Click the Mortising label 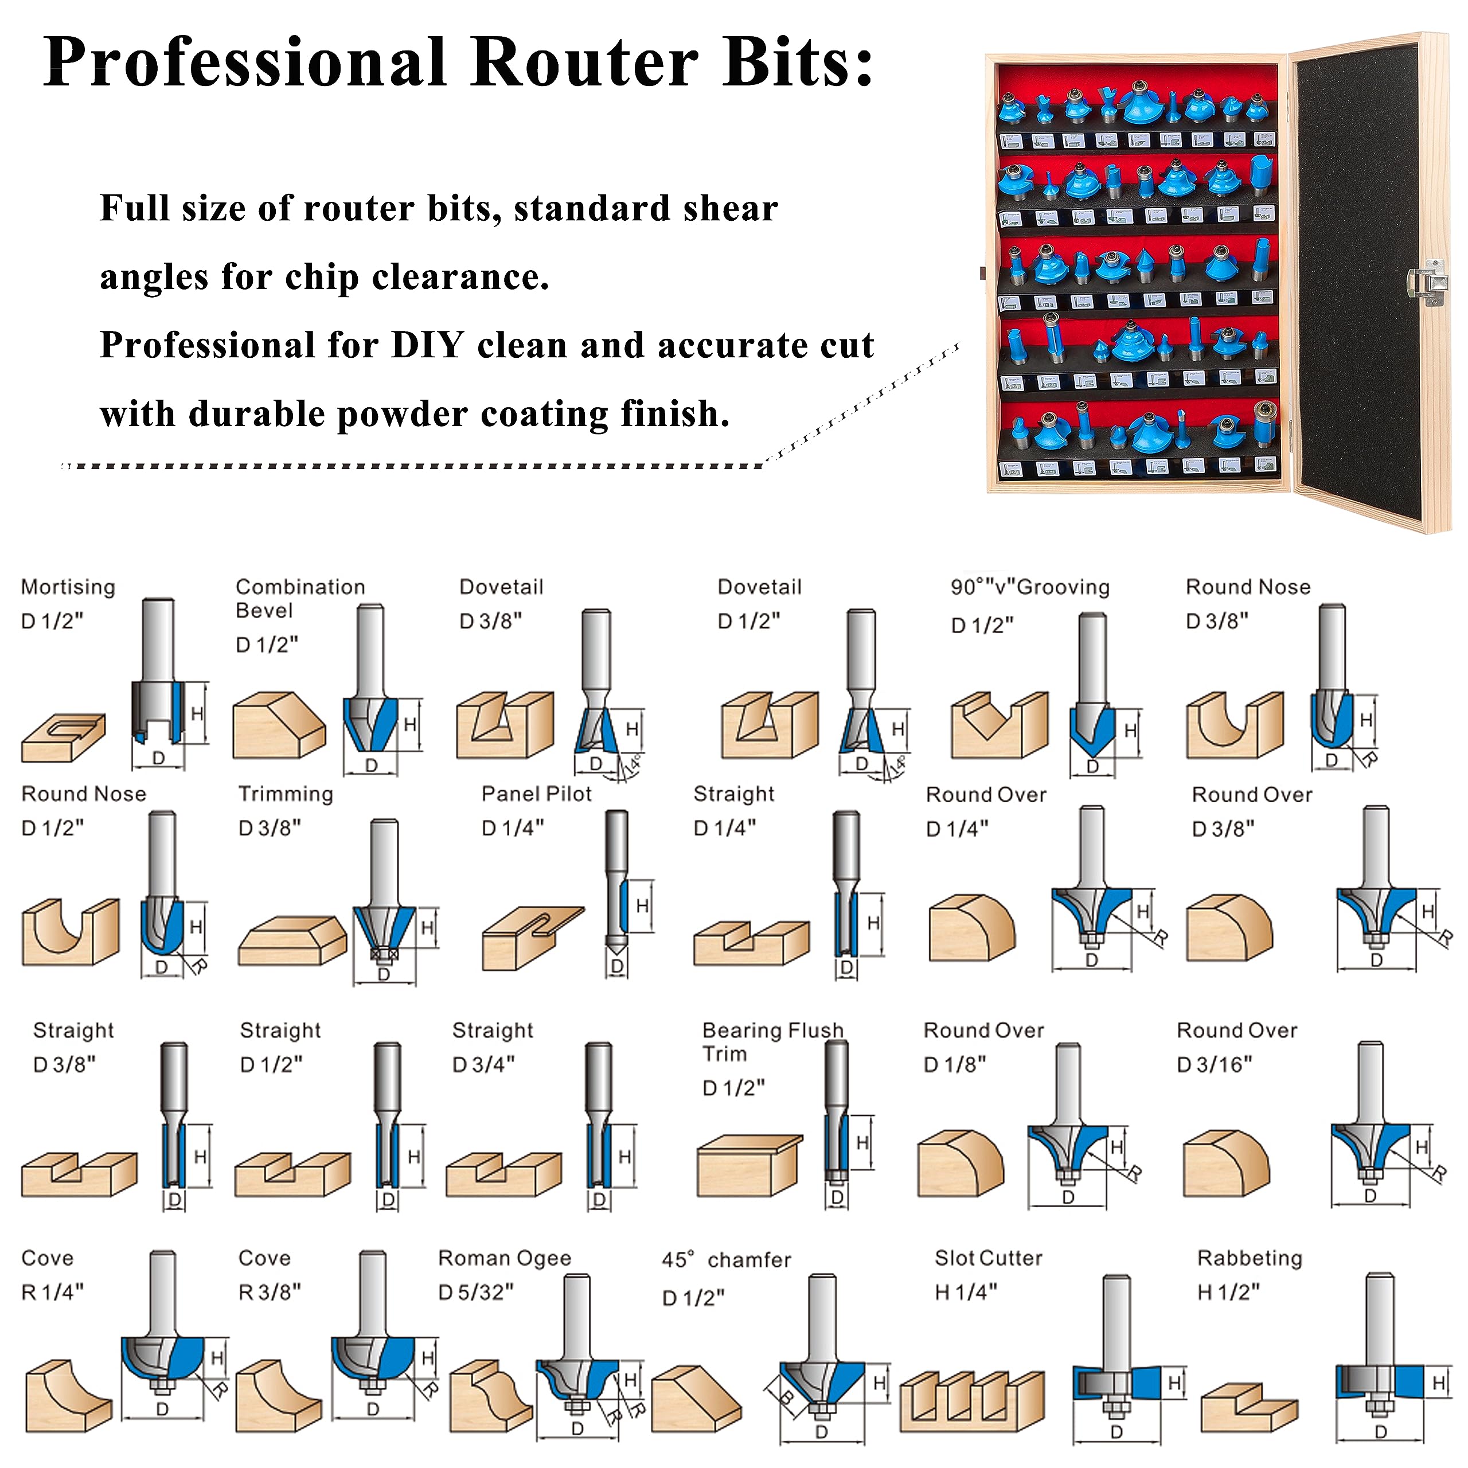(68, 587)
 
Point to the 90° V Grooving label (1029, 587)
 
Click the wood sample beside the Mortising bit (63, 736)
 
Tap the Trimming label (286, 794)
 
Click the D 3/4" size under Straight (483, 1064)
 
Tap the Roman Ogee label (505, 1258)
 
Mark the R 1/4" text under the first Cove (52, 1292)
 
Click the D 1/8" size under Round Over (954, 1064)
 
